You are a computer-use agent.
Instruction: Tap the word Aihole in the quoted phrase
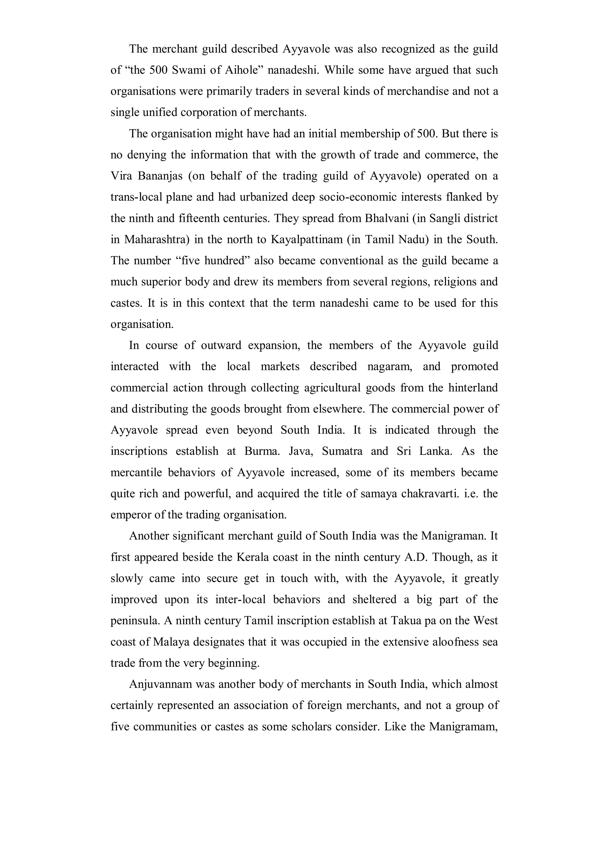[242, 70]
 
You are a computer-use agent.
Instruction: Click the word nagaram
[390, 366]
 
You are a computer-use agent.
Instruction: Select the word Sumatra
[342, 451]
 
